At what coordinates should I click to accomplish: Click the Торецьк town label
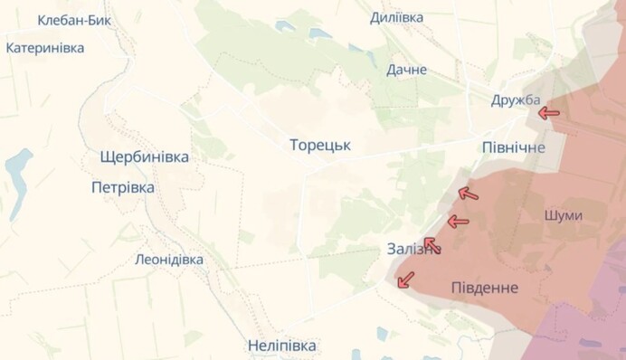[320, 145]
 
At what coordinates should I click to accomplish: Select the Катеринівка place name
[45, 48]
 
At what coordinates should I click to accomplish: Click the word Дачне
[406, 70]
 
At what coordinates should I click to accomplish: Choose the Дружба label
[516, 99]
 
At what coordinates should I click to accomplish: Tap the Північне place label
[514, 147]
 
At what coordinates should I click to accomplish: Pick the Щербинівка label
[146, 157]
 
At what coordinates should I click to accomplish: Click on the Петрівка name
[123, 188]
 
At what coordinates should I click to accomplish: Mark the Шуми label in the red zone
[564, 215]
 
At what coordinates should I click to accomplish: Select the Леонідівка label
[169, 260]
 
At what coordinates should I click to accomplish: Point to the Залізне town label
[412, 249]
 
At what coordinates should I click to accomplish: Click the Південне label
[485, 288]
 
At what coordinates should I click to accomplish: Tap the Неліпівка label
[282, 346]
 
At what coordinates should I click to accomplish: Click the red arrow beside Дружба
[548, 113]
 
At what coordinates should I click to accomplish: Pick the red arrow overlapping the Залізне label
[432, 244]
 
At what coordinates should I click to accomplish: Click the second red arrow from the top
[468, 193]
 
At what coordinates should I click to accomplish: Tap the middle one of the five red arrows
[458, 222]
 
